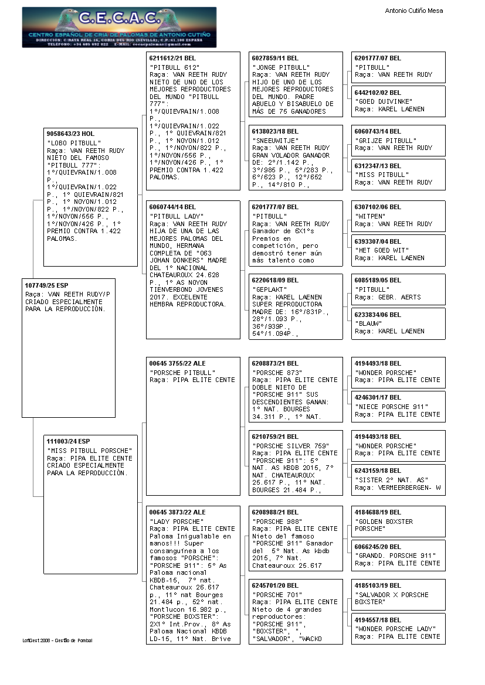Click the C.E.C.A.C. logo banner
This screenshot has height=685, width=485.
tap(119, 27)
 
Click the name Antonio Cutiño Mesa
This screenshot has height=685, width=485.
tap(413, 11)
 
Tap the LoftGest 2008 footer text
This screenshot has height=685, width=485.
tap(57, 640)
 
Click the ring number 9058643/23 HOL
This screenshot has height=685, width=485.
tap(70, 134)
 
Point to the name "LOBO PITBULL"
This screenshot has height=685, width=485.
tap(74, 143)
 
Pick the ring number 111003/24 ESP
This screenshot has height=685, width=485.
tap(69, 441)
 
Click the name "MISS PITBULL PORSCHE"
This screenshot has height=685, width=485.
tap(90, 451)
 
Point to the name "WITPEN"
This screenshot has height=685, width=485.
tap(370, 216)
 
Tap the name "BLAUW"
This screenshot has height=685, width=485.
tap(368, 323)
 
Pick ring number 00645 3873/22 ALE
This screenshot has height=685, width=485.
tap(178, 512)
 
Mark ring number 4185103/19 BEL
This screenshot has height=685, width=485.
tap(378, 585)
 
